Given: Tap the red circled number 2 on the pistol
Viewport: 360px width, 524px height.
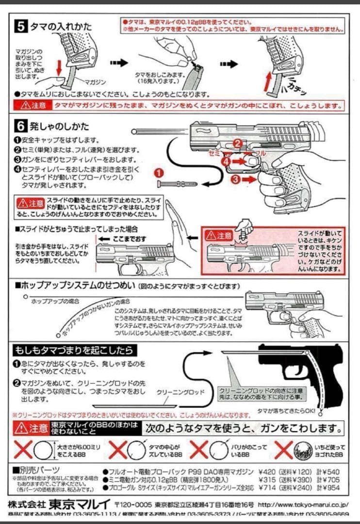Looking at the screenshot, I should click(237, 143).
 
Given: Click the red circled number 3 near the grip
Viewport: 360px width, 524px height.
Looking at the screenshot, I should click(235, 180).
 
